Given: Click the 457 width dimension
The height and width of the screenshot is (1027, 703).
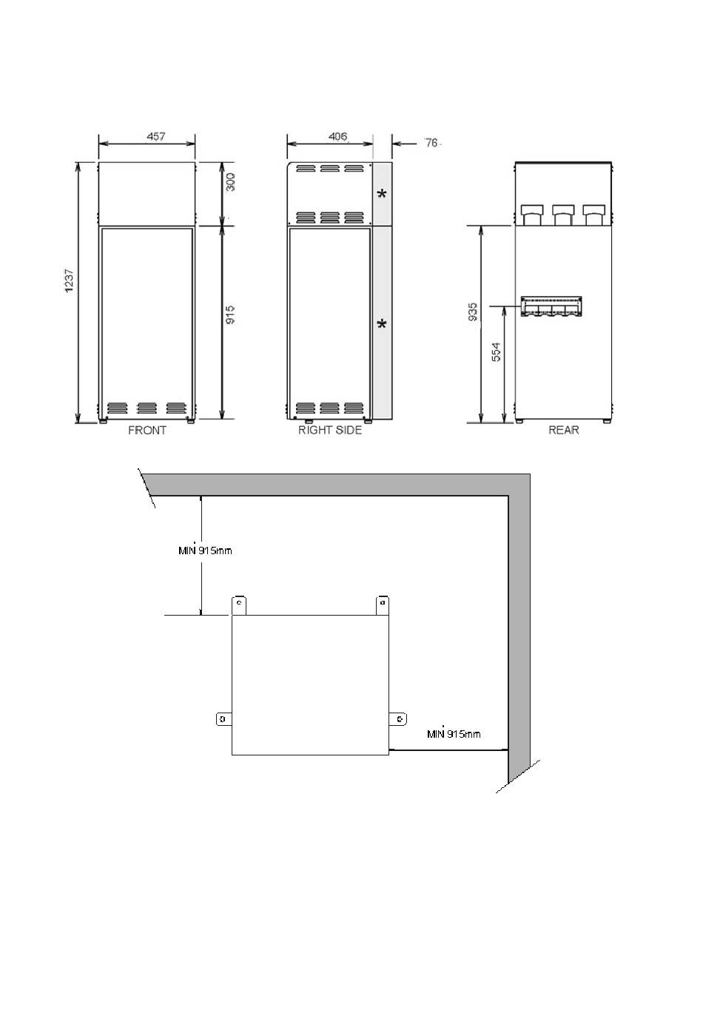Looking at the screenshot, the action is click(156, 136).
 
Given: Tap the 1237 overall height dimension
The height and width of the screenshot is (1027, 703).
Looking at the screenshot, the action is click(69, 280).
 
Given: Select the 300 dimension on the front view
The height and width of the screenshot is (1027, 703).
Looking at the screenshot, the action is click(230, 182).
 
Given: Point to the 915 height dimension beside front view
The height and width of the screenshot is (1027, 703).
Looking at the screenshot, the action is click(230, 315).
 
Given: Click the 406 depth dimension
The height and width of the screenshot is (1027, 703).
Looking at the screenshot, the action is click(338, 136).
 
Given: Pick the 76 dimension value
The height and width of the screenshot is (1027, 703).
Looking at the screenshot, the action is click(431, 143).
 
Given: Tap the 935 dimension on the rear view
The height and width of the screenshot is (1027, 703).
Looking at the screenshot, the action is click(473, 312).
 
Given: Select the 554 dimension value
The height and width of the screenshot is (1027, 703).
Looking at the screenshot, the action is click(497, 352).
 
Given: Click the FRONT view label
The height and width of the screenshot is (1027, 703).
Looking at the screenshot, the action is click(147, 430).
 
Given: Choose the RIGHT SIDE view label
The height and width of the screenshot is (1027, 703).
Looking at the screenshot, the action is click(330, 430).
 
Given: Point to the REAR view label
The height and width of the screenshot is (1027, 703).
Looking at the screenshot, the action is click(564, 430).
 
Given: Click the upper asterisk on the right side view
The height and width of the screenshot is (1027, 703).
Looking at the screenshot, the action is click(382, 194).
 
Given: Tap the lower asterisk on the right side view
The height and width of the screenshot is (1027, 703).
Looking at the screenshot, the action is click(382, 325).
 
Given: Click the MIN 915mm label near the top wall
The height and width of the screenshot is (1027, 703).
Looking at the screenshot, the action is click(205, 550).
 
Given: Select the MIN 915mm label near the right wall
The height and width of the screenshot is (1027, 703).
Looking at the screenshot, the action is click(454, 733).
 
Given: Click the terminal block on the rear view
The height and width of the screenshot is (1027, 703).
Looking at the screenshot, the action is click(551, 306).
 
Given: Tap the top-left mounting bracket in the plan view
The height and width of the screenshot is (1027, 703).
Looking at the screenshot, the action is click(239, 605).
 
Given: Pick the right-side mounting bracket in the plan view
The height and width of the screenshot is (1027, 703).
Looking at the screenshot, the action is click(398, 719).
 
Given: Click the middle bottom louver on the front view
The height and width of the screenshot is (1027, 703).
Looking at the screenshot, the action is click(147, 408).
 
